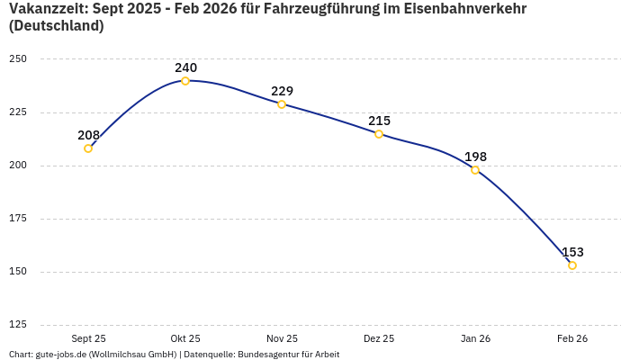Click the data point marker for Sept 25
point(88,148)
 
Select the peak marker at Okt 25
point(185,81)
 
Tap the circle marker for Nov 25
point(282,104)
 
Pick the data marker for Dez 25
point(379,134)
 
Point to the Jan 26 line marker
point(475,170)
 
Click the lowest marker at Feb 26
point(572,265)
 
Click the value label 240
point(185,67)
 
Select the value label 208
point(88,135)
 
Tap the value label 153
point(572,252)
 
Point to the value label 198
point(475,157)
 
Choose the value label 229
point(282,91)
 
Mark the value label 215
point(379,121)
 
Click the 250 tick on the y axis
point(18,59)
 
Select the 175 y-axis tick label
point(18,219)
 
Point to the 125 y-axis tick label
point(18,325)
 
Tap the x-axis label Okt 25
point(185,338)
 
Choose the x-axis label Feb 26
point(572,338)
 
